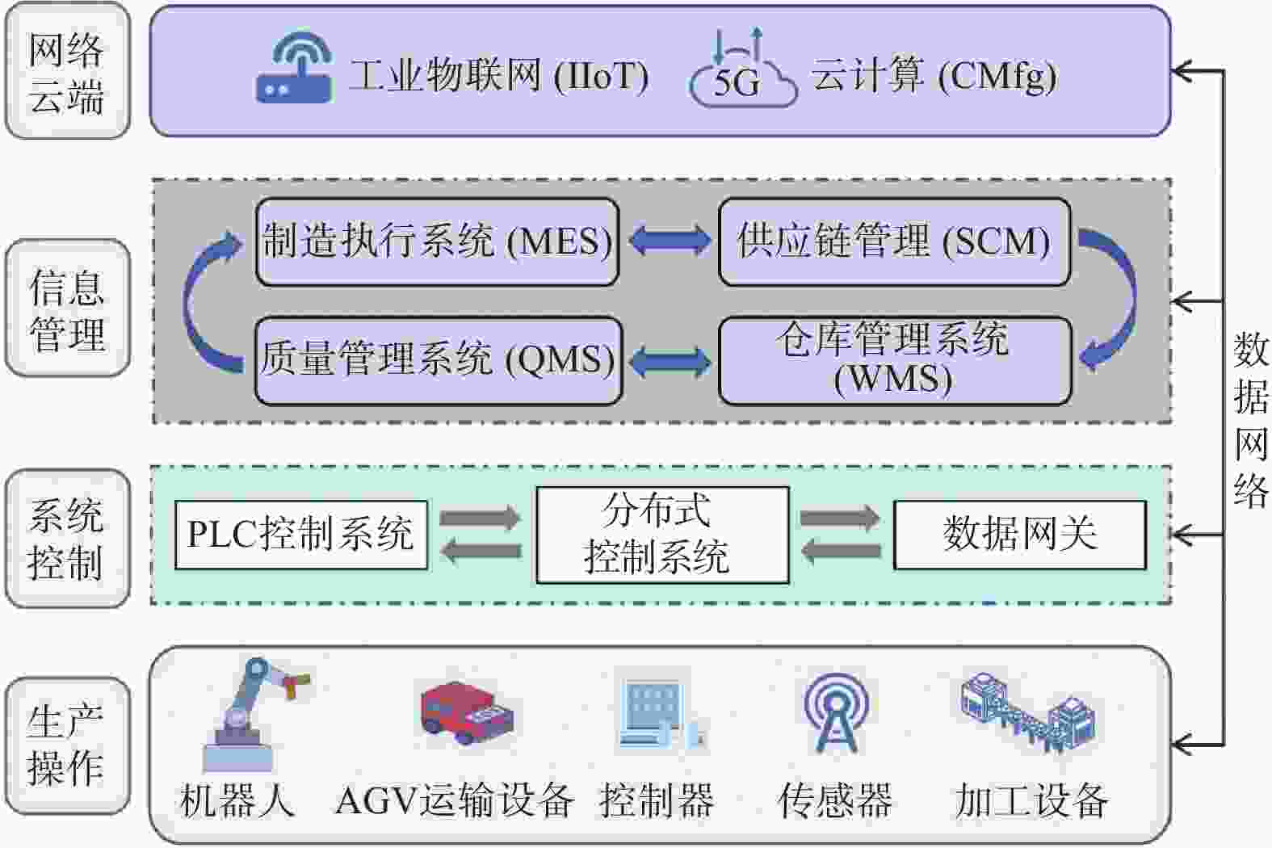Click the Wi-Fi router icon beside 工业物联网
pos(294,65)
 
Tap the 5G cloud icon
pos(743,68)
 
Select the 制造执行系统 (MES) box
pos(437,241)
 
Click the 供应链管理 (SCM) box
pos(894,241)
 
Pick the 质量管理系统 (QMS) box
pos(439,361)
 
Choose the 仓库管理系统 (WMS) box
pos(895,361)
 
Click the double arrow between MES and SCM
pos(670,240)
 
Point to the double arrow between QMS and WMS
pos(670,362)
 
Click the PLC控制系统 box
pos(301,535)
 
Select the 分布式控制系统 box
pos(663,535)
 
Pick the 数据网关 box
pos(1020,535)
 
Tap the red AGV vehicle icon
pos(467,712)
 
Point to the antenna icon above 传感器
pos(835,712)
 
